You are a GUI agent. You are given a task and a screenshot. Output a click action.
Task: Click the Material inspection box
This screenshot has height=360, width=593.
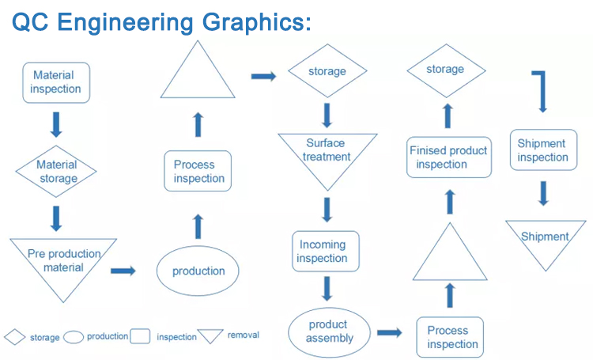coord(56,82)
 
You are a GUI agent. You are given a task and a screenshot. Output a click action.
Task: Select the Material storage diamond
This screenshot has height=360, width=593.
coord(56,171)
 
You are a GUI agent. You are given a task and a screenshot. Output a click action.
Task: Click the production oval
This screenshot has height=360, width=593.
coord(198,271)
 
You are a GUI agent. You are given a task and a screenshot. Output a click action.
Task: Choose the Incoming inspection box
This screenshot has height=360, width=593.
coord(326,251)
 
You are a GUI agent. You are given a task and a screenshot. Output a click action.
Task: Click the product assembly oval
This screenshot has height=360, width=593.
coord(329,332)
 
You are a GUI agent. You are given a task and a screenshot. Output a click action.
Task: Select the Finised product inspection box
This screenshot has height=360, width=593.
coord(449,157)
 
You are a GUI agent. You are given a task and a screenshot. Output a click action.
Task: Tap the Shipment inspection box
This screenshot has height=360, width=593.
coord(543,150)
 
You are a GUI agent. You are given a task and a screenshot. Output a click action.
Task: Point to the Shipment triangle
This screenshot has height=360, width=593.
coord(546,241)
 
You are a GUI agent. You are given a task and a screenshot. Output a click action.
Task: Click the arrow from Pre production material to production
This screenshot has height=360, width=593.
coord(123,271)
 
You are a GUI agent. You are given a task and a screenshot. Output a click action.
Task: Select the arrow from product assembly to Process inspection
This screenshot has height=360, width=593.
coord(390,333)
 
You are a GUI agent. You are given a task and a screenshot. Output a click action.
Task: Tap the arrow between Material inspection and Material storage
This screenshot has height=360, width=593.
coord(56,124)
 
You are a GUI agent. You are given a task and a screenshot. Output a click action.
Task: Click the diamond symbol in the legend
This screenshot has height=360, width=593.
coord(15,337)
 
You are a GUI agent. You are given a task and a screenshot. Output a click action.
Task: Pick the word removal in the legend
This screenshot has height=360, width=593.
coord(244,335)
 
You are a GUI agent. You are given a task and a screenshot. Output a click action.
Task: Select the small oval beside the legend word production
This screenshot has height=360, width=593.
coord(74,337)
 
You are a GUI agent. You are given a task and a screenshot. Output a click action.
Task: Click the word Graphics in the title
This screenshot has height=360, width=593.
coord(256,22)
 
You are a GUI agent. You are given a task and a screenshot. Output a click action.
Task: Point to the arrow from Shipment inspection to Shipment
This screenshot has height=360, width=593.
coord(543,193)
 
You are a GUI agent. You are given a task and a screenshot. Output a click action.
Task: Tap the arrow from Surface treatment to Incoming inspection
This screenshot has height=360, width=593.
coord(327,210)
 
